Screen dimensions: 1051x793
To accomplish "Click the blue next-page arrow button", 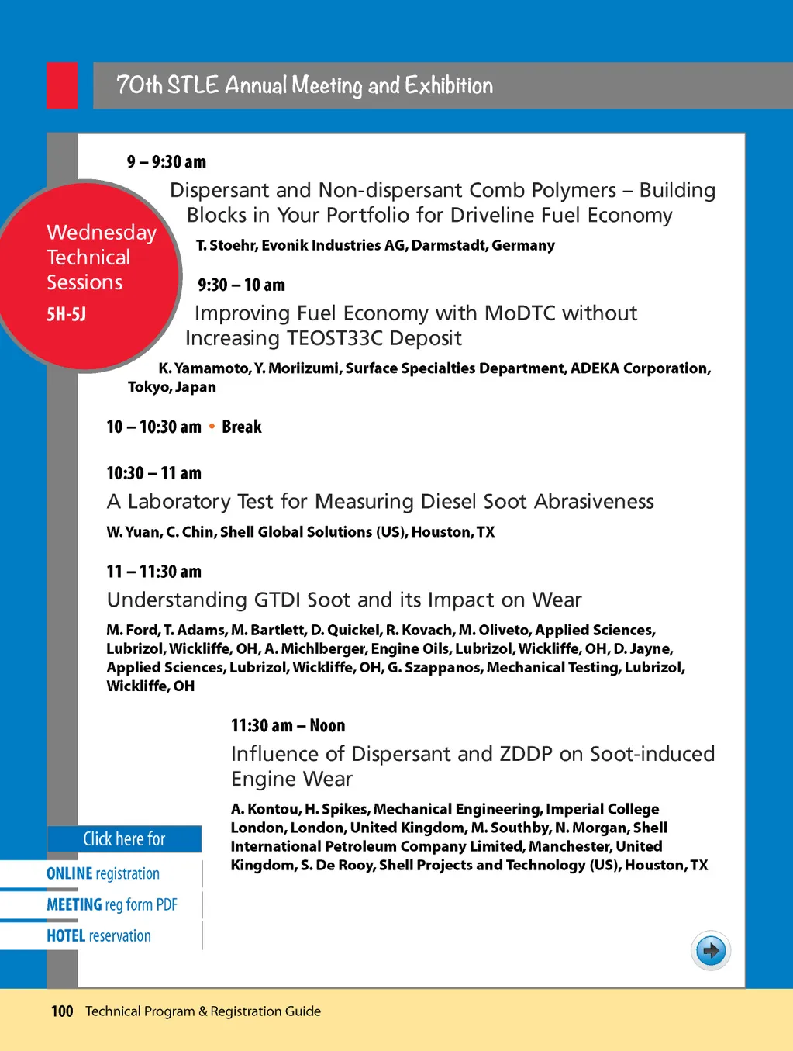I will point(710,950).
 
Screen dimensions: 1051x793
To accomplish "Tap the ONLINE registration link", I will point(103,873).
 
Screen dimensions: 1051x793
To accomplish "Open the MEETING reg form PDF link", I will point(112,904).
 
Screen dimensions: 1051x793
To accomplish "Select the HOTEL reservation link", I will point(98,935).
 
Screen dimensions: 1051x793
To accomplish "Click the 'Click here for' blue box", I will point(124,838).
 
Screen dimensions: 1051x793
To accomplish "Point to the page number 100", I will point(62,1011).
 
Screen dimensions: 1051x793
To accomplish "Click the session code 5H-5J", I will point(67,314).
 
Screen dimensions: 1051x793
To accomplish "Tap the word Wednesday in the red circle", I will point(102,233).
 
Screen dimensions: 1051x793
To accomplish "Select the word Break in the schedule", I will point(242,427).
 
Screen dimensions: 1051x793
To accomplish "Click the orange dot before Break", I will point(212,426).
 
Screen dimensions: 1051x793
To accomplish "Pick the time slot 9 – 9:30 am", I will point(167,162).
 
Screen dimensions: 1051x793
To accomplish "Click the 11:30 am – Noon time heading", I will point(288,726).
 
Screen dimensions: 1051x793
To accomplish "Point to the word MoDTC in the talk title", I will point(520,313).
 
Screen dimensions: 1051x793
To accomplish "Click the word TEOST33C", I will point(335,338).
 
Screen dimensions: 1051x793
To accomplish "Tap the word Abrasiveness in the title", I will point(594,502).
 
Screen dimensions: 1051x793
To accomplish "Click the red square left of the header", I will point(62,85).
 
